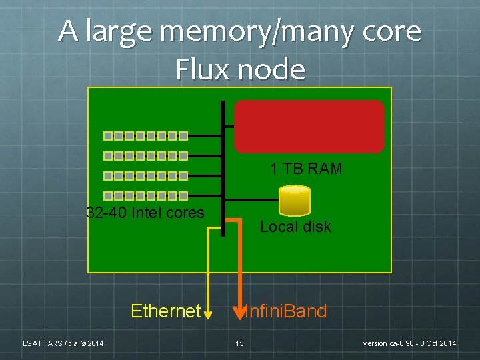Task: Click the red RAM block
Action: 309,127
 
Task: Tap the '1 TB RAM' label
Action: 306,169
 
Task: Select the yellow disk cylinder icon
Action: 295,199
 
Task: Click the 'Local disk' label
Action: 295,227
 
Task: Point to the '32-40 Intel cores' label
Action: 145,213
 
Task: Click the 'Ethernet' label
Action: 165,311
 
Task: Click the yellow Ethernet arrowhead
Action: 208,313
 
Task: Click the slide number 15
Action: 239,343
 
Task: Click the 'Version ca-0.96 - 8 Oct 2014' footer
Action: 409,343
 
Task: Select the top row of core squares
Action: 145,136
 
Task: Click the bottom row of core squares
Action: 145,196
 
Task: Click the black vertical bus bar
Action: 223,167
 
